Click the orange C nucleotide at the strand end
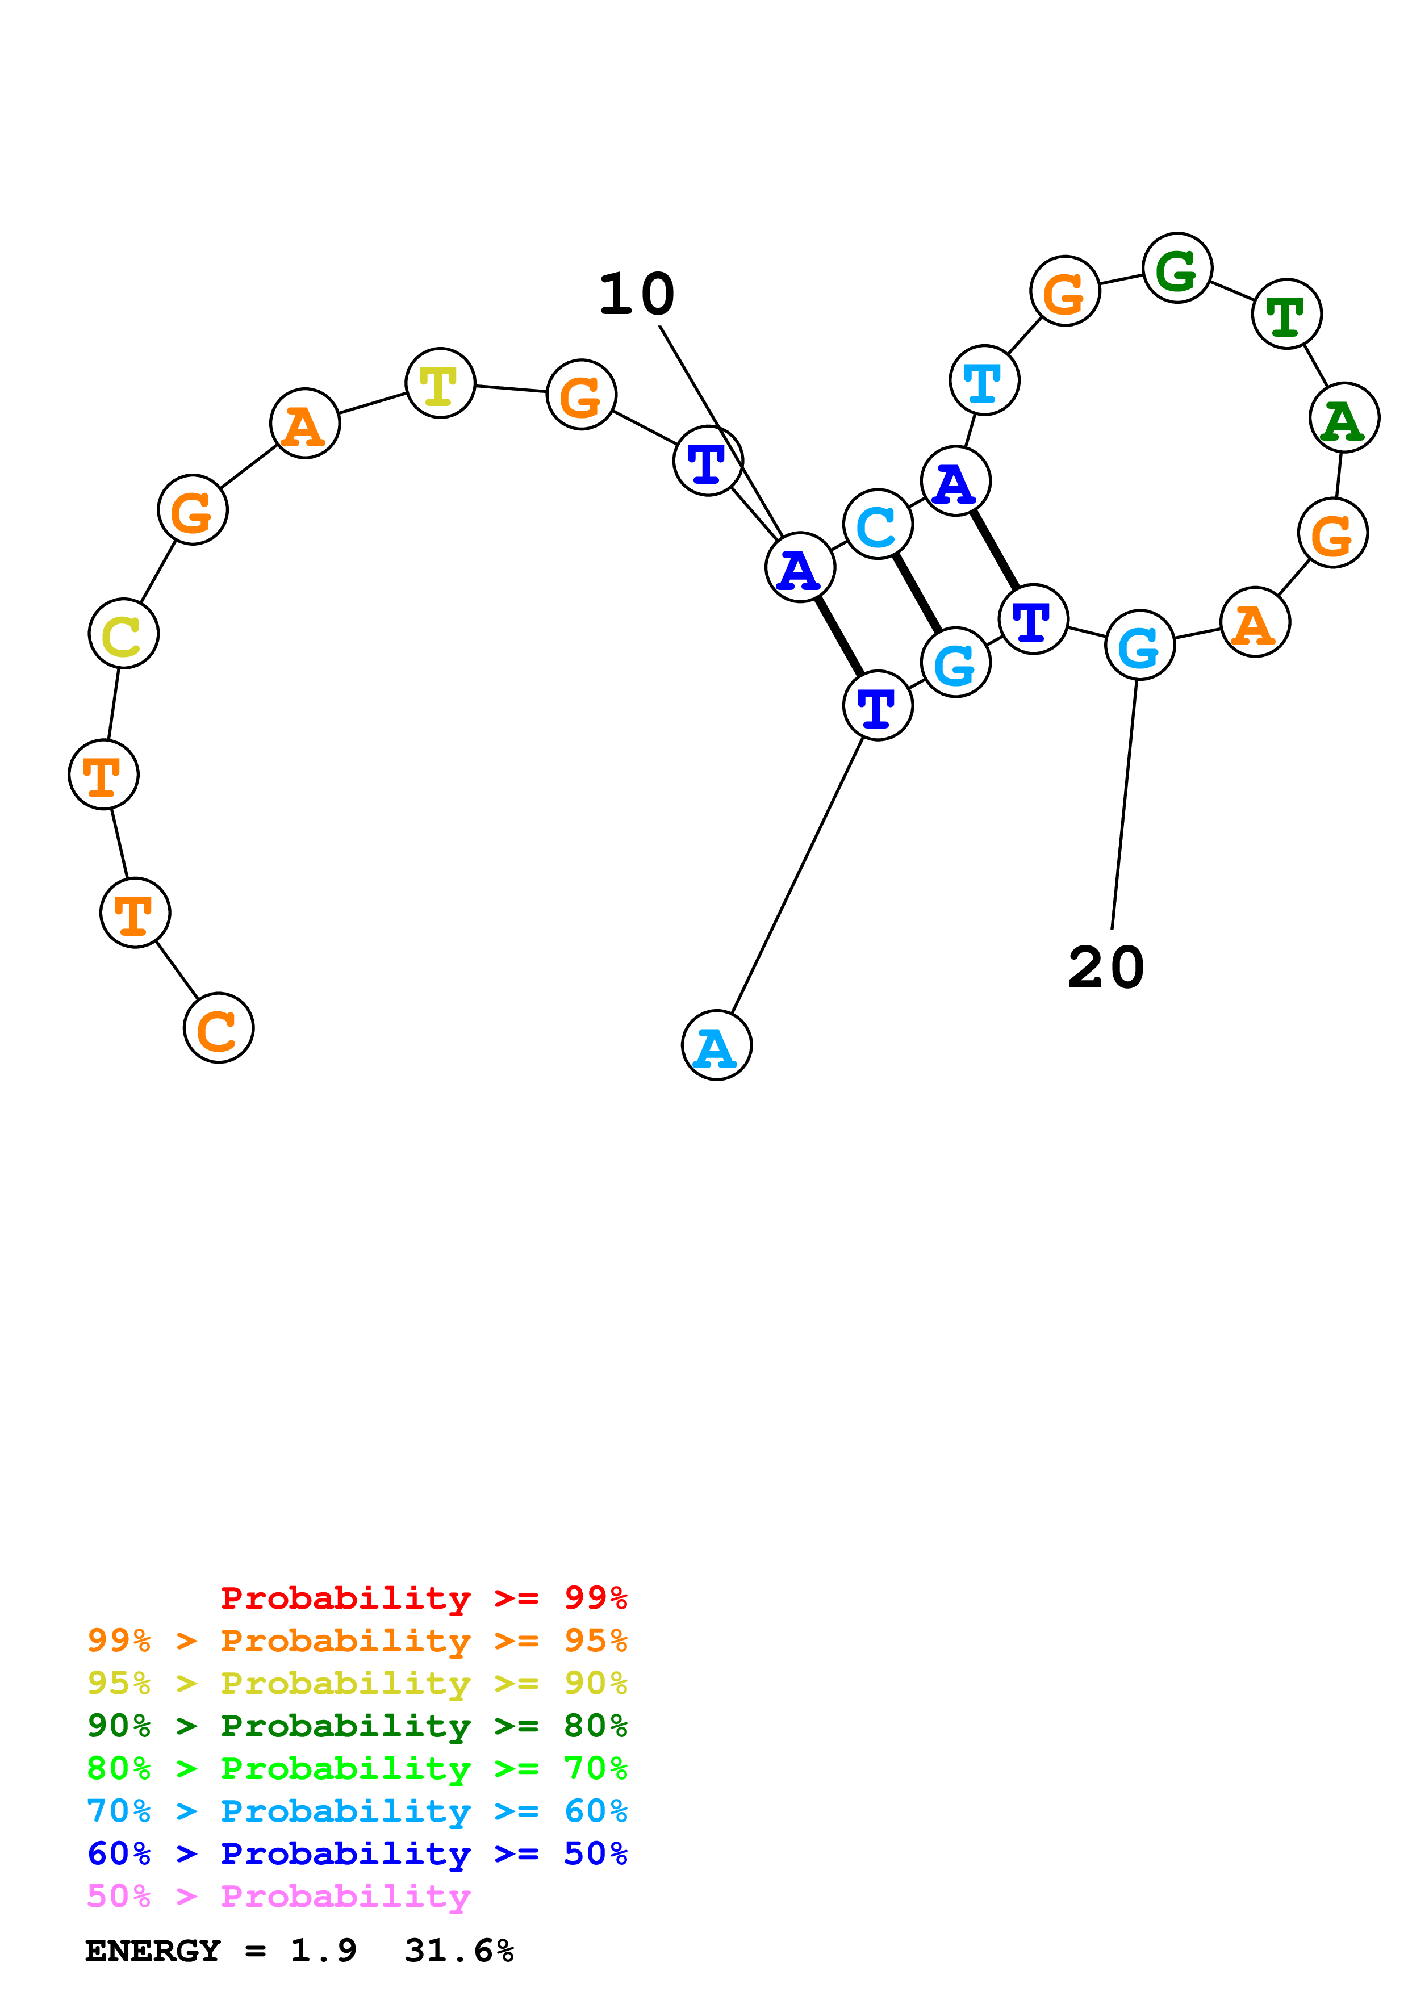click(219, 1028)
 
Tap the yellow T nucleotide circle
click(441, 383)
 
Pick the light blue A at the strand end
click(717, 1045)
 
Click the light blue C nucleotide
click(878, 524)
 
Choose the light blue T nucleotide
click(985, 380)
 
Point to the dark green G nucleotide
click(1177, 268)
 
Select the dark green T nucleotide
click(1286, 314)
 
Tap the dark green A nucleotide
click(1344, 418)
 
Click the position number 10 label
click(637, 294)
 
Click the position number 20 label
click(1106, 968)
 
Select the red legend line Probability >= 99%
click(423, 1598)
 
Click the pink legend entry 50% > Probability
click(278, 1897)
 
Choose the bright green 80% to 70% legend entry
click(357, 1768)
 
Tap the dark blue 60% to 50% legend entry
click(357, 1854)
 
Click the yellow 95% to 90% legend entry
click(357, 1683)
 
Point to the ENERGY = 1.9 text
click(220, 1951)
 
